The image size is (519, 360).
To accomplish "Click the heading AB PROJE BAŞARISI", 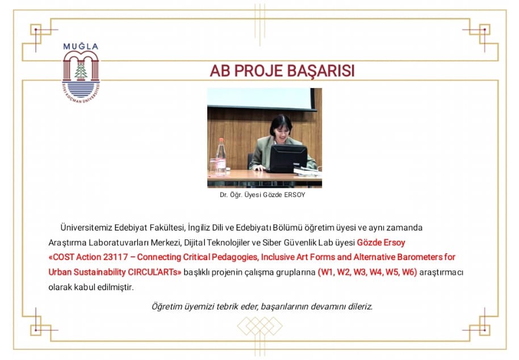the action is (282, 71).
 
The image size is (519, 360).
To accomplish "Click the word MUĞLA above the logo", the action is (81, 47).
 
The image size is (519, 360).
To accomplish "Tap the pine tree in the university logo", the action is (81, 70).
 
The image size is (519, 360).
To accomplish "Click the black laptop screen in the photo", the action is (288, 158).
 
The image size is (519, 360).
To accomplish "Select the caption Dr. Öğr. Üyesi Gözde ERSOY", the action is (262, 195).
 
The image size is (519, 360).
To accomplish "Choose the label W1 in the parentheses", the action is (326, 272).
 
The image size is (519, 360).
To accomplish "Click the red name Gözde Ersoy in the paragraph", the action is (381, 242).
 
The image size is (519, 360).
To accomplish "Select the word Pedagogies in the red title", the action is (235, 257).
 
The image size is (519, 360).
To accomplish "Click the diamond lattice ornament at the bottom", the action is (260, 326).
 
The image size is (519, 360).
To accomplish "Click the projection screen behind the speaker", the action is (261, 99).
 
